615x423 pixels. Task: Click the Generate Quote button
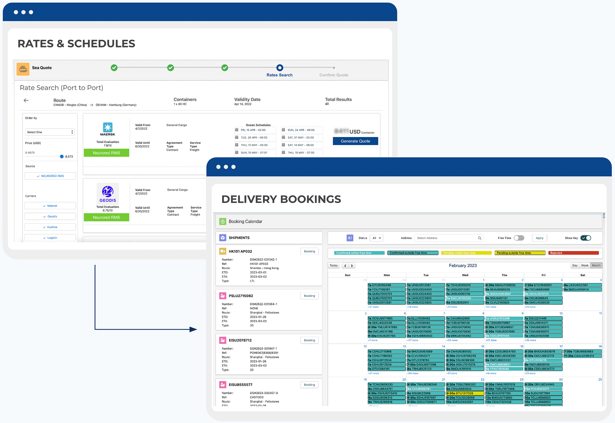point(355,141)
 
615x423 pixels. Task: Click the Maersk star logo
point(108,127)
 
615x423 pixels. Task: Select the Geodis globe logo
point(108,191)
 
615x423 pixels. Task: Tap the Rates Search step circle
point(280,68)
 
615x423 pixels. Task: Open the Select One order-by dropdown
point(50,132)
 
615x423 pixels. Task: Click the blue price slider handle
point(62,157)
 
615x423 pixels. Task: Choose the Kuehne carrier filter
point(50,227)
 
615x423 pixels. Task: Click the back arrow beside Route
point(26,101)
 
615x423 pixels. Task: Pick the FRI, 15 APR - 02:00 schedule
point(255,130)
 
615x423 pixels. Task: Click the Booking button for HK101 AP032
point(309,251)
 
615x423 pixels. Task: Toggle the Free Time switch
point(519,238)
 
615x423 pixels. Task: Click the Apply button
point(539,238)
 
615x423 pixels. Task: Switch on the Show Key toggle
point(586,238)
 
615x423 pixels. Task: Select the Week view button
point(585,265)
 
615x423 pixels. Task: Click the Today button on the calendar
point(334,265)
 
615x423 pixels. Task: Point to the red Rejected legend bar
point(574,253)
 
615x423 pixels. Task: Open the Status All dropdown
point(376,238)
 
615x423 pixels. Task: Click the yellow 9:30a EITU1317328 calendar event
point(465,393)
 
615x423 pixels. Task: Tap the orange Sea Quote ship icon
point(23,69)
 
